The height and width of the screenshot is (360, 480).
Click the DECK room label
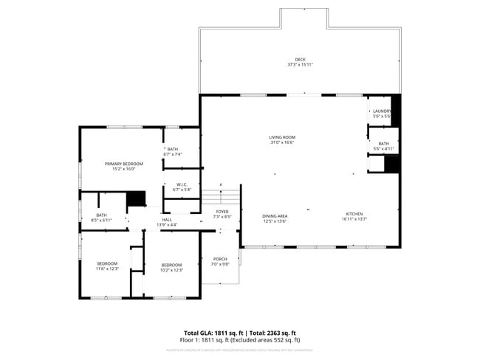300,60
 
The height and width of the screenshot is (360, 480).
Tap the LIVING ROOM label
282,137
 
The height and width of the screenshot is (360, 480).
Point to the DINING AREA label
275,215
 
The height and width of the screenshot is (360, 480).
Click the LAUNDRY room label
382,111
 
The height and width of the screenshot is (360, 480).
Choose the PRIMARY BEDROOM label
123,164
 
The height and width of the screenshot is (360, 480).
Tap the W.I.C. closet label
182,184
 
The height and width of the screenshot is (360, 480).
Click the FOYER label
222,212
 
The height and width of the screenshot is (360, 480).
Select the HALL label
167,219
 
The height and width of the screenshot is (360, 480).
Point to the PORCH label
220,259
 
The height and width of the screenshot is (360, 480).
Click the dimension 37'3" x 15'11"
300,65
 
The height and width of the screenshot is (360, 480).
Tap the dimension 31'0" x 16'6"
282,142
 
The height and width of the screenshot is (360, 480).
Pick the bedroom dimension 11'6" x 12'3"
107,269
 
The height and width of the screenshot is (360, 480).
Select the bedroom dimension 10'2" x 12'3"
171,270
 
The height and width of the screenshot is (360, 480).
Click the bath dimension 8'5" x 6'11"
101,220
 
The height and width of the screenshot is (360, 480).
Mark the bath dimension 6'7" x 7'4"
172,154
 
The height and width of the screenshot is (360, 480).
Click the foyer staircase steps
221,197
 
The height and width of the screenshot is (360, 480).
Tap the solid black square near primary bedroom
136,199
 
